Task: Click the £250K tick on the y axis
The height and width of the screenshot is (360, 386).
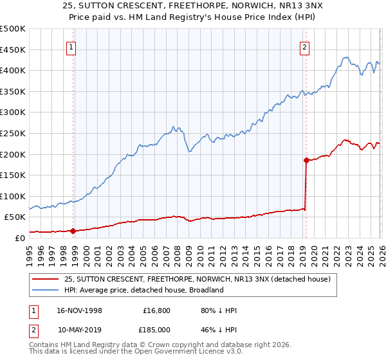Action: [x=13, y=133]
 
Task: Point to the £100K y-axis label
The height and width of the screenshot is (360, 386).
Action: [x=13, y=196]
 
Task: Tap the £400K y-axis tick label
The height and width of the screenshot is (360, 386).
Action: [x=13, y=71]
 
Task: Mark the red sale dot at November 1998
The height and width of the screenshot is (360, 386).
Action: [x=73, y=231]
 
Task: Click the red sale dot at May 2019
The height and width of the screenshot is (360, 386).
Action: [x=306, y=160]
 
